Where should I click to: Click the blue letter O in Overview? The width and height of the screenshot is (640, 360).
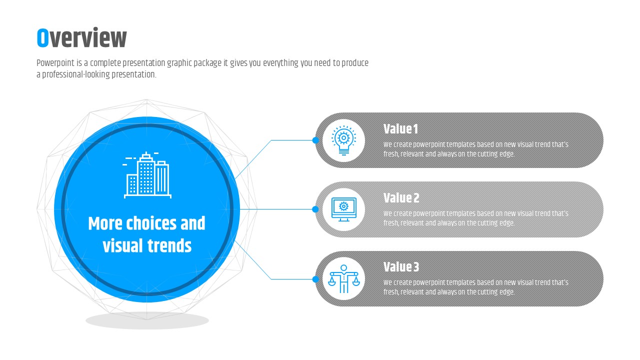pos(42,37)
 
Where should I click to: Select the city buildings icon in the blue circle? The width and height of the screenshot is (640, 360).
pos(147,175)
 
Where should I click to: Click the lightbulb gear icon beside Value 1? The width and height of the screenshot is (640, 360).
pos(343,140)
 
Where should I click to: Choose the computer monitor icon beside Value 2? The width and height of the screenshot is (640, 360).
pos(343,209)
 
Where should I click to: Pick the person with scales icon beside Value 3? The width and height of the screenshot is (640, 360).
pos(343,279)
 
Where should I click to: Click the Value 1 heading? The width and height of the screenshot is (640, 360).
pos(400,129)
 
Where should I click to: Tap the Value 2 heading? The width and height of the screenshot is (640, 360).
pos(401,198)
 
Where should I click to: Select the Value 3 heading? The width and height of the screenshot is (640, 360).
pos(401,267)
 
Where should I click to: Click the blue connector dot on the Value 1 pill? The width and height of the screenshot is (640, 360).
pos(315,140)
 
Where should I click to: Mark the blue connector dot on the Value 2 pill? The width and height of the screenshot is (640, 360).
pos(315,209)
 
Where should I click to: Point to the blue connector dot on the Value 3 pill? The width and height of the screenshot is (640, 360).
pos(315,279)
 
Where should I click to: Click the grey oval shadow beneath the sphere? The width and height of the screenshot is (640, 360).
pos(147,320)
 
